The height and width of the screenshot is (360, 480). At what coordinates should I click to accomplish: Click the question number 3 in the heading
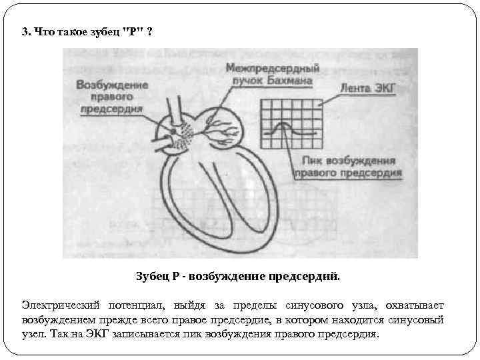[x=25, y=33]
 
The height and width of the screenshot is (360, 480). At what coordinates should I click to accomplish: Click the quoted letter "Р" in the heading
[x=131, y=33]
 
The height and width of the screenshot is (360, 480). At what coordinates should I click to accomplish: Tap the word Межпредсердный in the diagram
[x=272, y=68]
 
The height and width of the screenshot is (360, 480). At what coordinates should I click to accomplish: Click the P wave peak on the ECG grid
[x=283, y=123]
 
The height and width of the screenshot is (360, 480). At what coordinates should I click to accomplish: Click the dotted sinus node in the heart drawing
[x=182, y=137]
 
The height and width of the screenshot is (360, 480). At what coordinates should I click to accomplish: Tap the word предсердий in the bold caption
[x=307, y=276]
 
